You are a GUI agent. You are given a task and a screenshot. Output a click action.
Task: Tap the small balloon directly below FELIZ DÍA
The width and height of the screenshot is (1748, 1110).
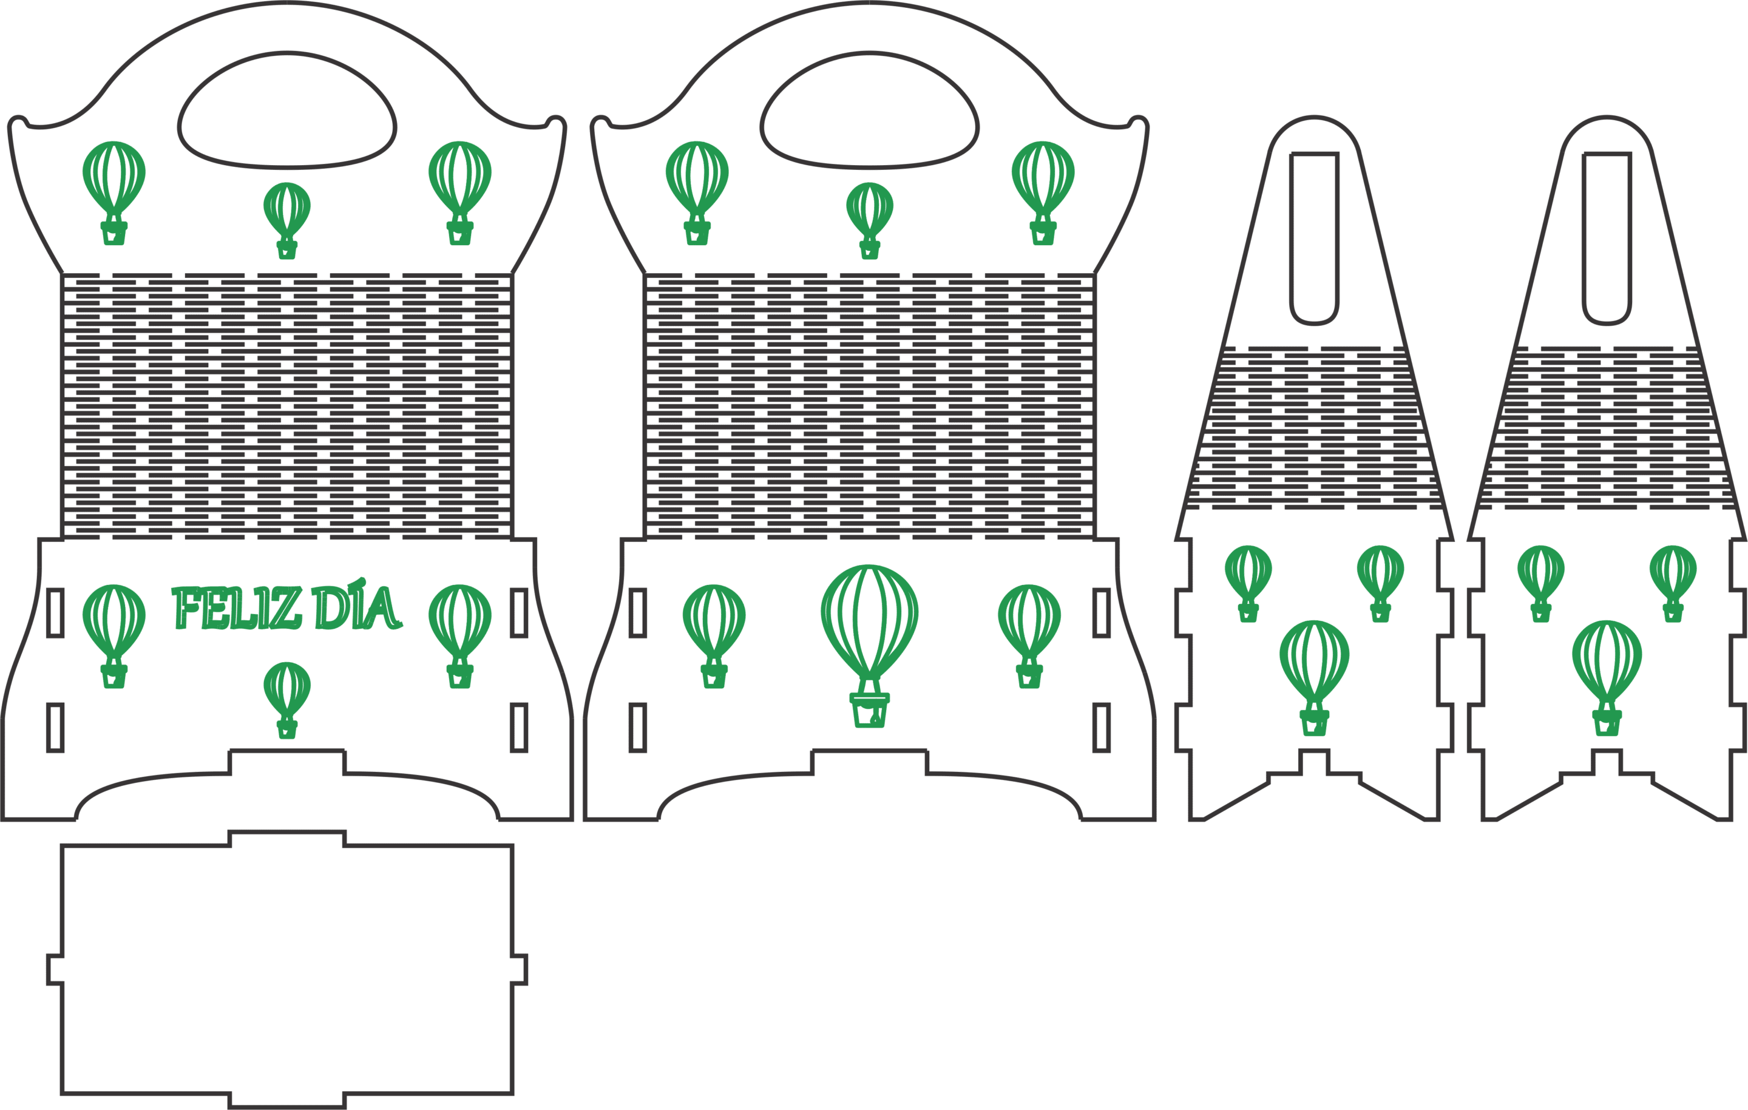(x=288, y=700)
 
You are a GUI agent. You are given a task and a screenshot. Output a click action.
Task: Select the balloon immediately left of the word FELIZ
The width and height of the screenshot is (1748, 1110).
(x=114, y=636)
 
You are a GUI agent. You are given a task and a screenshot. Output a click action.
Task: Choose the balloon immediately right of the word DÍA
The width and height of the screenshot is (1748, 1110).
(x=460, y=636)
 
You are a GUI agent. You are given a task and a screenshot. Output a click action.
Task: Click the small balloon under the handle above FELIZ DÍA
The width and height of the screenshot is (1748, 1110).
(x=288, y=220)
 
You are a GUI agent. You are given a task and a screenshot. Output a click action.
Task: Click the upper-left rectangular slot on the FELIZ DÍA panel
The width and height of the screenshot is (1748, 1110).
(x=55, y=613)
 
